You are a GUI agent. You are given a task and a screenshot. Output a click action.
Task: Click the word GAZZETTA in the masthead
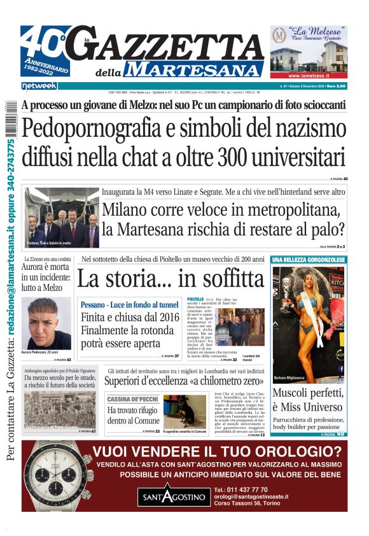click(x=172, y=45)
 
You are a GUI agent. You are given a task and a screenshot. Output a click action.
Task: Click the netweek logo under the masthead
click(x=39, y=85)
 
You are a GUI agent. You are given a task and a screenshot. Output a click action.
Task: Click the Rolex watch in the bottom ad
click(x=55, y=477)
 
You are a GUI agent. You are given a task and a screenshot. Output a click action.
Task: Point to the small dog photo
click(x=179, y=411)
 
